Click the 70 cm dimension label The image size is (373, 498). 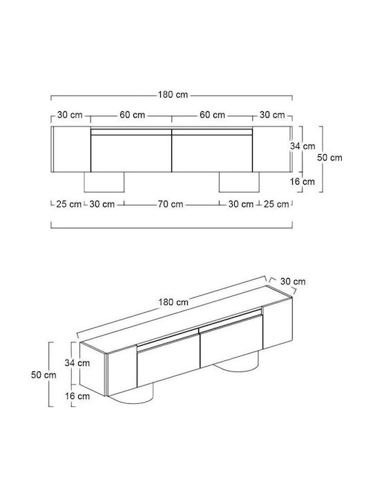[x=171, y=204]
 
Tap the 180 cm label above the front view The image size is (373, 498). [x=173, y=95]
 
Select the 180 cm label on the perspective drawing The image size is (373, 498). [x=173, y=302]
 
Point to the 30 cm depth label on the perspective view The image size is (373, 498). [x=293, y=282]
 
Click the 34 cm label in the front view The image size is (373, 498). [x=303, y=146]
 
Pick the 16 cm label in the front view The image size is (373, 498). [x=303, y=182]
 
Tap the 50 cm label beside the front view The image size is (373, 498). [x=330, y=158]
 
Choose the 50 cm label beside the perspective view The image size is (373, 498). [x=44, y=375]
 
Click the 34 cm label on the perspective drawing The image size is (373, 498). [x=77, y=362]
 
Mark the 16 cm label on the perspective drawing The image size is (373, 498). [x=77, y=396]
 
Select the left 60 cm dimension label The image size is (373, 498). [x=132, y=115]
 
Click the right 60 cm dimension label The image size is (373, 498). [x=212, y=115]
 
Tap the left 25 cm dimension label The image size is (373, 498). [x=69, y=204]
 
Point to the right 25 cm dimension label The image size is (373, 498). [x=276, y=204]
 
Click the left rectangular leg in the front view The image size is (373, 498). [x=104, y=182]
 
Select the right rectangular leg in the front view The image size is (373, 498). [x=239, y=182]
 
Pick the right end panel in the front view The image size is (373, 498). [x=272, y=149]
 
